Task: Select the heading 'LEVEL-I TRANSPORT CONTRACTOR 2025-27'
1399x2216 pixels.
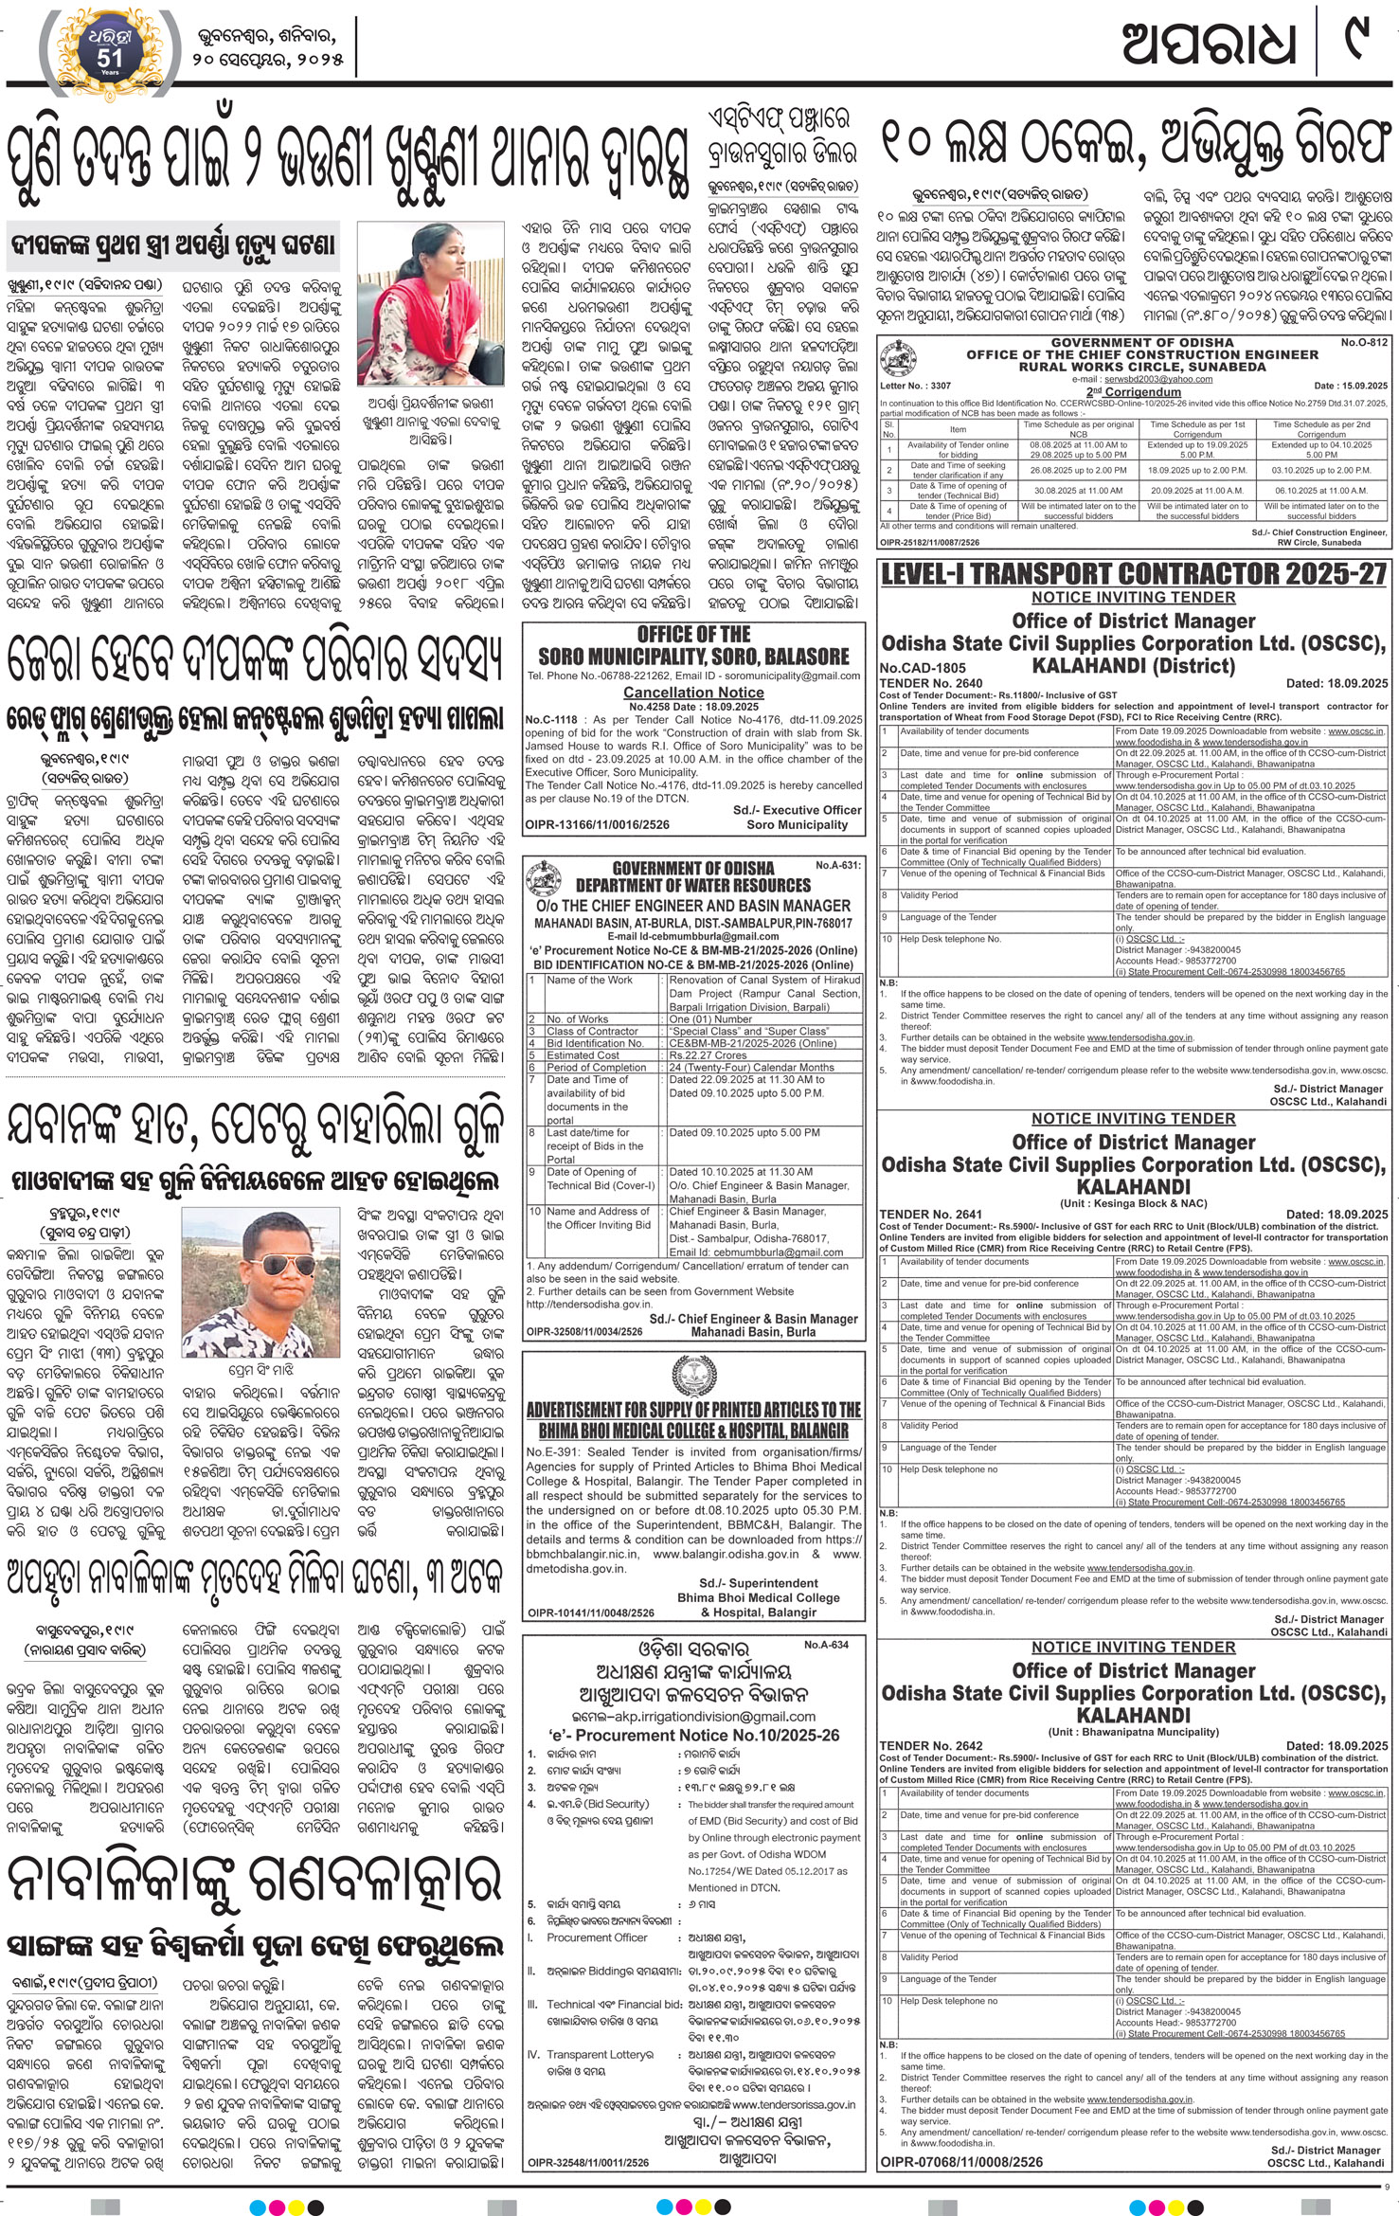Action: pyautogui.click(x=1133, y=573)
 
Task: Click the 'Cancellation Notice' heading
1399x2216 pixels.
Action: pyautogui.click(x=693, y=693)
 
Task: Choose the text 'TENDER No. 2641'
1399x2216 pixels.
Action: pyautogui.click(x=918, y=1214)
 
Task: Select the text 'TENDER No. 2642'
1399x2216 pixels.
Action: pyautogui.click(x=918, y=1745)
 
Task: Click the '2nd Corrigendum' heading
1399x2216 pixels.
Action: pyautogui.click(x=1132, y=390)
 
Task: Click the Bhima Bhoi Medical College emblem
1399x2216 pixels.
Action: pyautogui.click(x=693, y=1374)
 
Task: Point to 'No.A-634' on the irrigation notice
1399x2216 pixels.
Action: pyautogui.click(x=826, y=1646)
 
